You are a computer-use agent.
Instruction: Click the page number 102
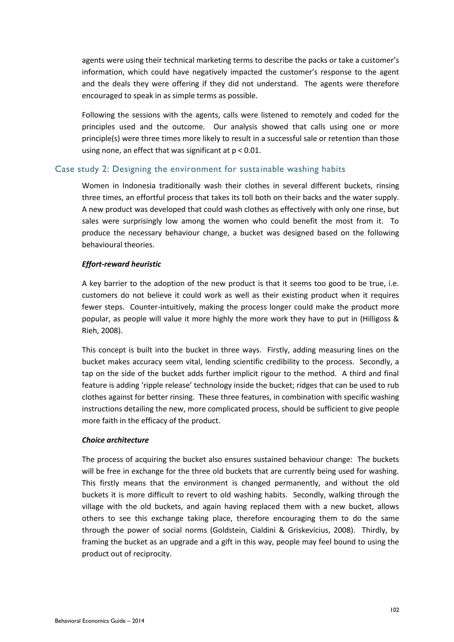pyautogui.click(x=394, y=610)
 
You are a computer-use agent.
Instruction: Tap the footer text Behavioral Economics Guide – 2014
pyautogui.click(x=100, y=621)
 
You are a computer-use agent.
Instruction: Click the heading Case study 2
pyautogui.click(x=81, y=169)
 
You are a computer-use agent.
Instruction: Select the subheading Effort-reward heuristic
pyautogui.click(x=121, y=264)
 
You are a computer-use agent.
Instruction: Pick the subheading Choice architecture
pyautogui.click(x=115, y=440)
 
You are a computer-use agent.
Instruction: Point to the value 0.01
pyautogui.click(x=252, y=151)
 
